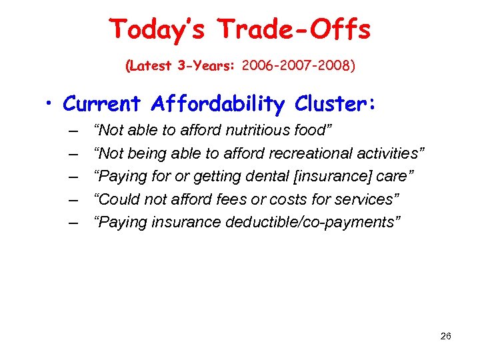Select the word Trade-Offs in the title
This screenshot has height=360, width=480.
(x=294, y=30)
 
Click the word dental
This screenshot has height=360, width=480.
(x=267, y=177)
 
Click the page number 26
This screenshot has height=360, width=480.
(x=446, y=336)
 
